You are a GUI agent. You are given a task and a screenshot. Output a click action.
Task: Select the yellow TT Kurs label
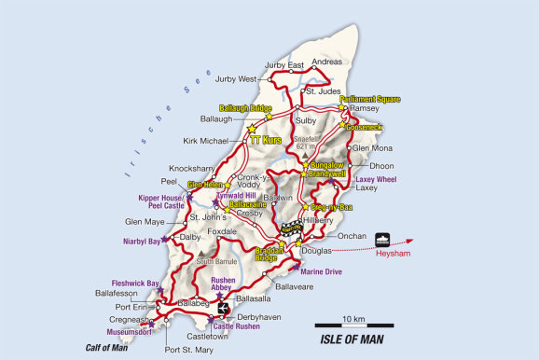[x=266, y=140]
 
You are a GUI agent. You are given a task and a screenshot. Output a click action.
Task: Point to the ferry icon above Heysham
[x=383, y=238]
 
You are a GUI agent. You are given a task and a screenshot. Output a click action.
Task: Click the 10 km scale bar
[x=352, y=325]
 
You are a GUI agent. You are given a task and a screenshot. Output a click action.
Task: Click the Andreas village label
[x=327, y=62]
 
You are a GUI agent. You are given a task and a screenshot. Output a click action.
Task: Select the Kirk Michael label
[x=206, y=141]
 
